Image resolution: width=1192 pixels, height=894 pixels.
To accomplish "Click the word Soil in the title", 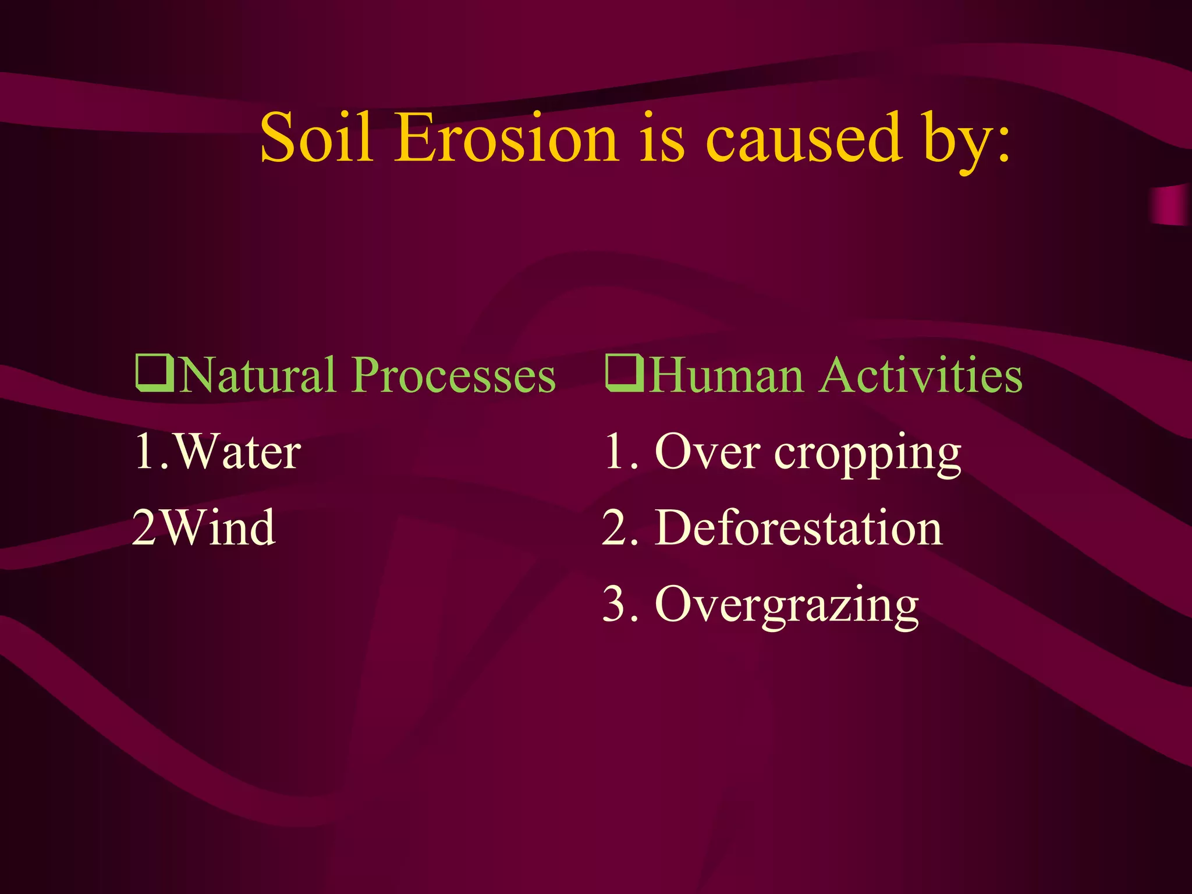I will (x=316, y=138).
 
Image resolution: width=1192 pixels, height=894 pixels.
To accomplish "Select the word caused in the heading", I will (x=804, y=138).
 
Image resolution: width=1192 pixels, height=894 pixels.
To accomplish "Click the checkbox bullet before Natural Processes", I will (x=154, y=373).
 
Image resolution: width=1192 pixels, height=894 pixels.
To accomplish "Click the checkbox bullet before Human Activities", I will (x=624, y=373).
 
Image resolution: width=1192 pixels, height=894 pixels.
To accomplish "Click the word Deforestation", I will (x=798, y=528).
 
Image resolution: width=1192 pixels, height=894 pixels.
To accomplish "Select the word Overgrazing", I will (x=786, y=605).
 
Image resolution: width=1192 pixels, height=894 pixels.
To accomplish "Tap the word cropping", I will (x=867, y=455).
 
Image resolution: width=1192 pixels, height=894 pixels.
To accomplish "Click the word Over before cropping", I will (x=707, y=452).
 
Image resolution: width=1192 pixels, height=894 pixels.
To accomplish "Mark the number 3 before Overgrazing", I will (x=615, y=604).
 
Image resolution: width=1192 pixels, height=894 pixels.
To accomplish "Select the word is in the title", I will (x=662, y=138).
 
